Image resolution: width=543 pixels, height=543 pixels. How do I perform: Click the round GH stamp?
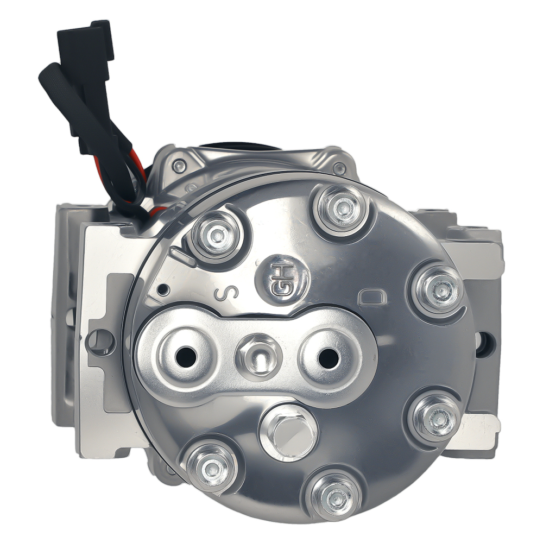pos(282,282)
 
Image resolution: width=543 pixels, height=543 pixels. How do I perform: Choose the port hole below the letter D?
pos(329,357)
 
